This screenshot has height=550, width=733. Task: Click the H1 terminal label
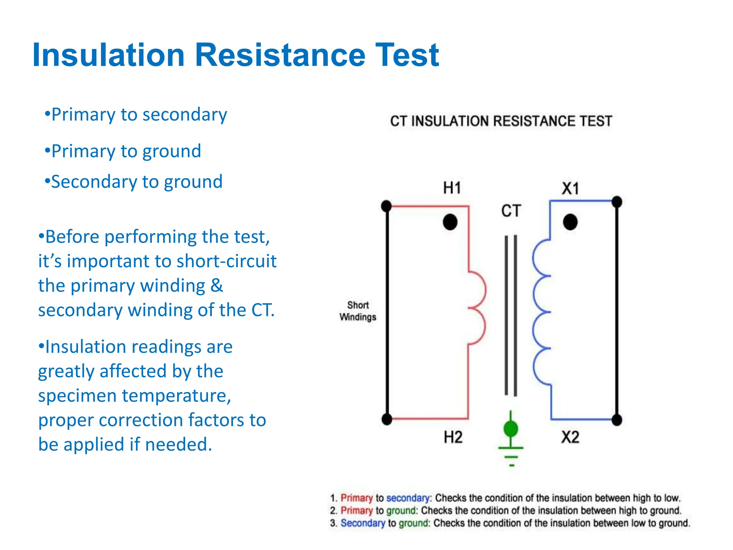tap(452, 188)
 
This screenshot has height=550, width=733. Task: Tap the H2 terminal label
tap(453, 437)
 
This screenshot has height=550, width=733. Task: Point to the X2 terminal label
tap(570, 437)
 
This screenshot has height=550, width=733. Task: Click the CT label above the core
tap(511, 211)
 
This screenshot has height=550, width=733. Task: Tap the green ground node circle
tap(511, 428)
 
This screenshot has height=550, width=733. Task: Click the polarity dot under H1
tap(450, 222)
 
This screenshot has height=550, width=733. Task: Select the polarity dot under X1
tap(570, 222)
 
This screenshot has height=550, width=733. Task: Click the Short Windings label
tap(358, 311)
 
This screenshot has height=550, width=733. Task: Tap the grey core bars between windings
tap(511, 315)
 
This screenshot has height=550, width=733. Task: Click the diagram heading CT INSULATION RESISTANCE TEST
tap(501, 121)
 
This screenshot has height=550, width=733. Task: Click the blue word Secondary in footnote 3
tap(363, 523)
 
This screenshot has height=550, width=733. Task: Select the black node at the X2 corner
tap(617, 420)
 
